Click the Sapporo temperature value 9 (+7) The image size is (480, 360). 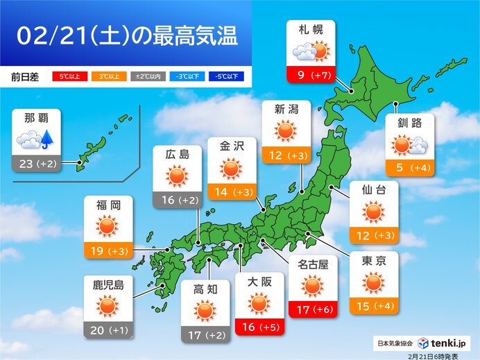[310, 74]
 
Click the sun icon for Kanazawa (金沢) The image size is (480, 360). [232, 169]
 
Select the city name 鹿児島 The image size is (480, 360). [108, 284]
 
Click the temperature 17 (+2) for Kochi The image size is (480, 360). [205, 336]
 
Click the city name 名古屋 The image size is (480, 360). [312, 264]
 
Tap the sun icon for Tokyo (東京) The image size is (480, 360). [373, 282]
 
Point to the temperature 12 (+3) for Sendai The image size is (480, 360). [373, 236]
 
